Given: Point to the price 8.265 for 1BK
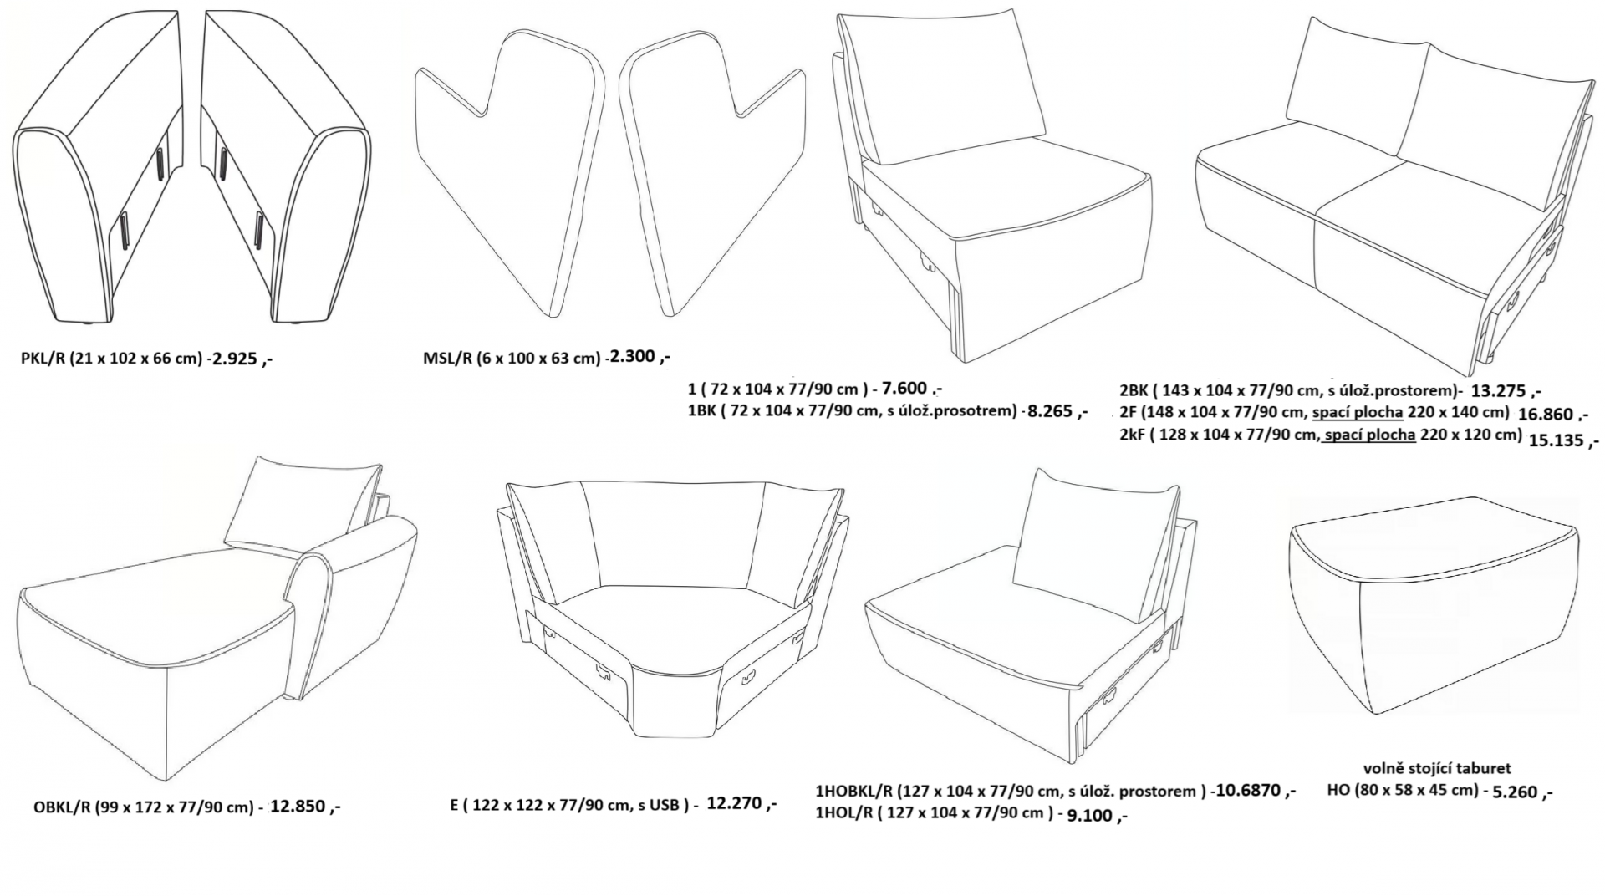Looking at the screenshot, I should [x=1052, y=410].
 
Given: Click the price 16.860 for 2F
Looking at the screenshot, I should [x=1547, y=413].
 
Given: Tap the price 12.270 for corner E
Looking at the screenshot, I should [x=735, y=803].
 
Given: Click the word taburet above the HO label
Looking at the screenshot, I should [x=1483, y=768].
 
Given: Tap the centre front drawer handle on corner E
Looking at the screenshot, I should [x=603, y=669].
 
